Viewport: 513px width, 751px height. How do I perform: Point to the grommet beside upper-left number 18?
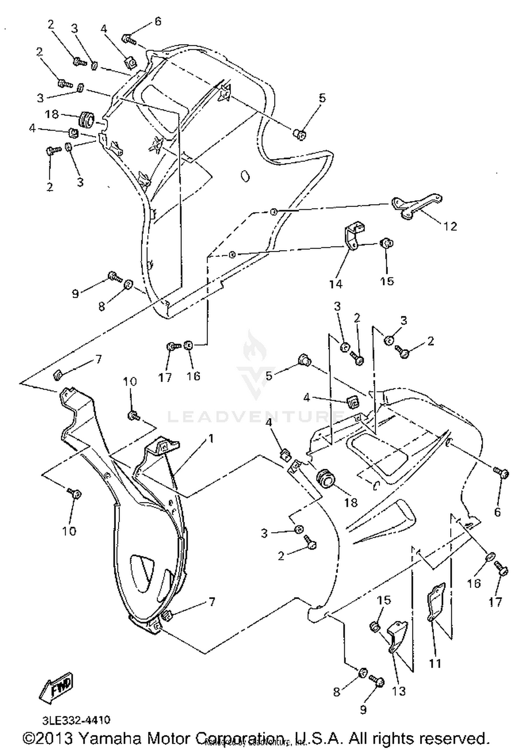pos(87,119)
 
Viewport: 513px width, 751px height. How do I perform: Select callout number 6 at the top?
pos(158,21)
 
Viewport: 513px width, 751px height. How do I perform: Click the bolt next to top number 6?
pos(129,40)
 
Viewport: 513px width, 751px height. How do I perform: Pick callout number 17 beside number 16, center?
pos(165,377)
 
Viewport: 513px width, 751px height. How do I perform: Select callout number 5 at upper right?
pos(321,98)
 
